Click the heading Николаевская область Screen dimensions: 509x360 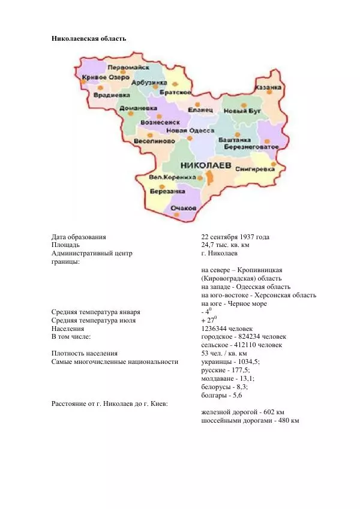pyautogui.click(x=88, y=38)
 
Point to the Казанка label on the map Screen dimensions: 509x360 pyautogui.click(x=268, y=88)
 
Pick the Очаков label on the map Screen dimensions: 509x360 pyautogui.click(x=184, y=207)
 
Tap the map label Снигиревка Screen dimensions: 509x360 pyautogui.click(x=254, y=169)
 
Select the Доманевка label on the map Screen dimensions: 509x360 pyautogui.click(x=134, y=109)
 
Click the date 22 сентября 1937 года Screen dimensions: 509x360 pyautogui.click(x=235, y=237)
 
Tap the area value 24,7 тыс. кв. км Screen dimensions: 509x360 pyautogui.click(x=225, y=245)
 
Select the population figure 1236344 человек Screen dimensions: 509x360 pyautogui.click(x=227, y=329)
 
